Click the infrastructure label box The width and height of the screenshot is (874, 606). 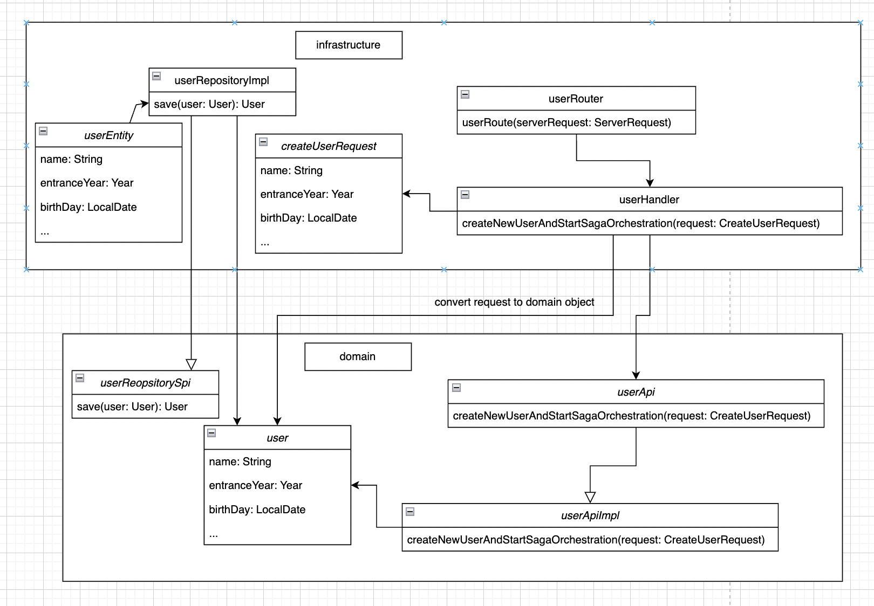click(x=349, y=45)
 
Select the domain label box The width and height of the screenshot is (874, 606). click(x=358, y=356)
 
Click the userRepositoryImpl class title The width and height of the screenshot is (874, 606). click(x=222, y=80)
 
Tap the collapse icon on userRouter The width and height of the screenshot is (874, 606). click(x=465, y=94)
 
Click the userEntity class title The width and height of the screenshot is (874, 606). click(x=108, y=135)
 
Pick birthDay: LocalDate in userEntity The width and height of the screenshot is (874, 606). click(x=88, y=207)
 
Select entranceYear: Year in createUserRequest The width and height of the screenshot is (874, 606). click(x=307, y=194)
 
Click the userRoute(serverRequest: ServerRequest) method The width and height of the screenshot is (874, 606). click(x=566, y=122)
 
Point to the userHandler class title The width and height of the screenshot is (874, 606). click(x=649, y=199)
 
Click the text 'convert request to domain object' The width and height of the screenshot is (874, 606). click(x=514, y=302)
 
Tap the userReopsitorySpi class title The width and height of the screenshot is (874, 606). click(x=145, y=383)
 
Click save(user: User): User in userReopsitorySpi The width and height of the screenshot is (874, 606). click(x=132, y=407)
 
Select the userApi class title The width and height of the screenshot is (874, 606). click(x=636, y=392)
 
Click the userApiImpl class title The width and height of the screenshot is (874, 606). click(x=590, y=515)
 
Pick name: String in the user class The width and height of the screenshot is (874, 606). click(x=240, y=462)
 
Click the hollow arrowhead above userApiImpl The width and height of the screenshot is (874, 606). click(x=590, y=497)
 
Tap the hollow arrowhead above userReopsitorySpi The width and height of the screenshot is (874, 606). click(x=191, y=364)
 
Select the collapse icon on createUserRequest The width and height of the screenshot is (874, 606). click(x=263, y=142)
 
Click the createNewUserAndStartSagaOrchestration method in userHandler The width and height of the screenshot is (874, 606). click(x=640, y=223)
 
